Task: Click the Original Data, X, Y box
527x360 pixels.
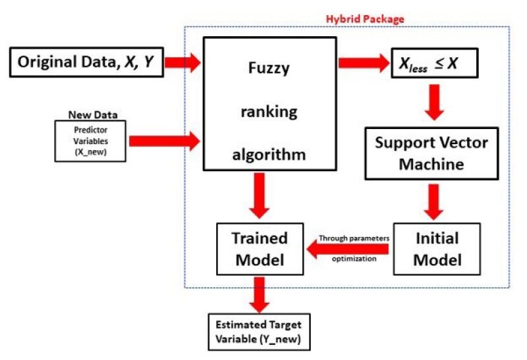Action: [86, 63]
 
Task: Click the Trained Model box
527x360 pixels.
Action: [260, 248]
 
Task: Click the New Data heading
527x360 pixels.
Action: [91, 115]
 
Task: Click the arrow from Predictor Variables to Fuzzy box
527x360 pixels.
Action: [165, 140]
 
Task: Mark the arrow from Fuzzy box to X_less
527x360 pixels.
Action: [364, 63]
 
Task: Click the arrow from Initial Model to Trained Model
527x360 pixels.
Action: [347, 248]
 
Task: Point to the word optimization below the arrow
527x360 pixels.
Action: [354, 259]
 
